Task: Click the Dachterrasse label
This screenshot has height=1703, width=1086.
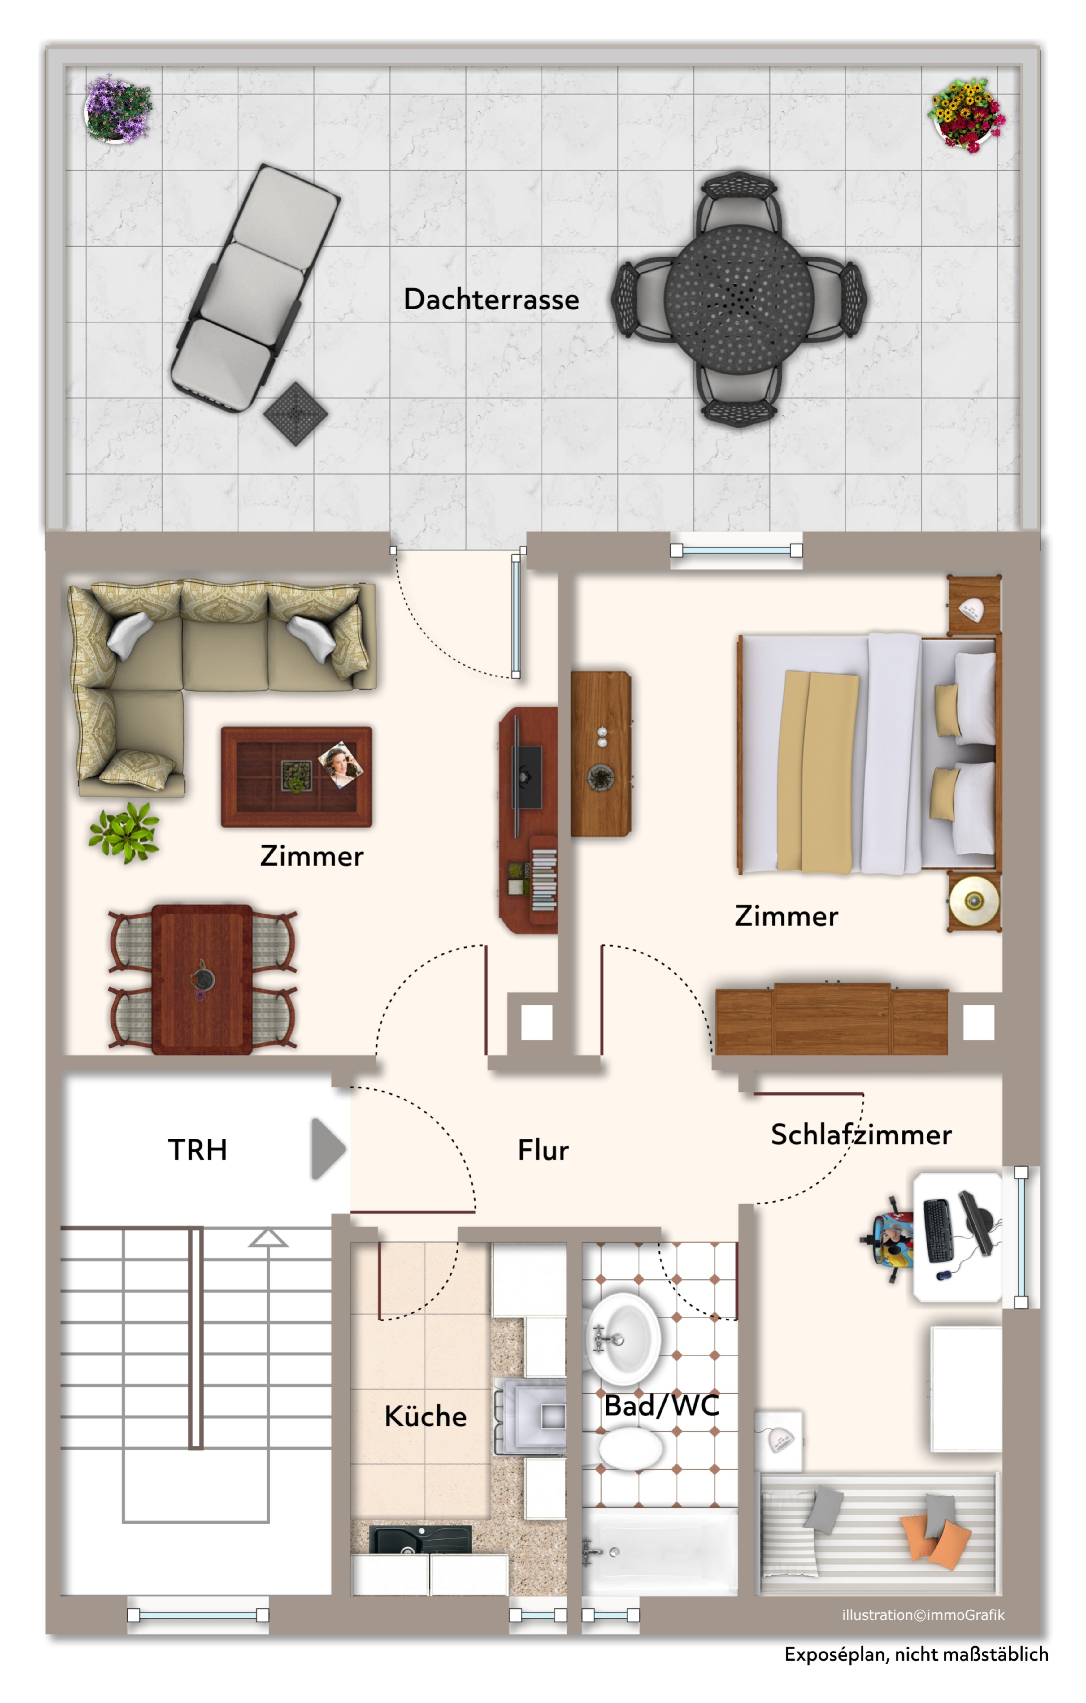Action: [491, 299]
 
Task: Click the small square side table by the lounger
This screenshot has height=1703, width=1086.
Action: [296, 413]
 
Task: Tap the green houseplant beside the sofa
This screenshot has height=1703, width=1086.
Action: [124, 832]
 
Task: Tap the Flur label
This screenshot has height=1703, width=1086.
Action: [543, 1150]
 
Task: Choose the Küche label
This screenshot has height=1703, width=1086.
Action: [425, 1416]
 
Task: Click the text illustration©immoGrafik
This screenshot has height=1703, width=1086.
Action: [923, 1614]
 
